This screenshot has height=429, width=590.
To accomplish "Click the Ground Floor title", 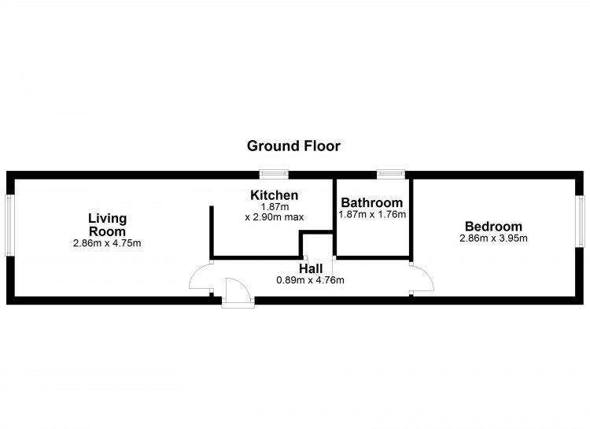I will pos(293,146).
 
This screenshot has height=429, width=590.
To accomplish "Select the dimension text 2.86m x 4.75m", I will pos(106,244).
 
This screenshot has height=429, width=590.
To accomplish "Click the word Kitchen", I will pos(274,195).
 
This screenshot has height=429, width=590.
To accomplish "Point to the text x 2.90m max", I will pos(274,216).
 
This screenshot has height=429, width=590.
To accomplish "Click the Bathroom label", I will pos(371,202).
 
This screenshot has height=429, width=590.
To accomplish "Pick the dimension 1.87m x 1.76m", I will pos(371,214).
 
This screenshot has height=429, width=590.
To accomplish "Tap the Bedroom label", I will pos(493,225).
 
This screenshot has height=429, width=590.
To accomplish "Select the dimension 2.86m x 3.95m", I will pos(493,238).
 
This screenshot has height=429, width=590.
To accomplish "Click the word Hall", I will pos(310,268).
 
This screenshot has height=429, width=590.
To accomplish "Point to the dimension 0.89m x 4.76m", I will pos(310,279).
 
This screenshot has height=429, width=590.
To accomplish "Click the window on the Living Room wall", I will pos(10,225).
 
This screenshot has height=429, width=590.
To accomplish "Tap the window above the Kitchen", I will pos(274,174).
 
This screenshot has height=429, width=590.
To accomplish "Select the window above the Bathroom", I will pos(389,174).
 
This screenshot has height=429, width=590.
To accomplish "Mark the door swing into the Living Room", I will pos(201,276).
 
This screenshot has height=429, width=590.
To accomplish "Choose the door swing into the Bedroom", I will pos(421,279).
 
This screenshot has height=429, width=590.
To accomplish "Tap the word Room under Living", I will pos(107,231).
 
